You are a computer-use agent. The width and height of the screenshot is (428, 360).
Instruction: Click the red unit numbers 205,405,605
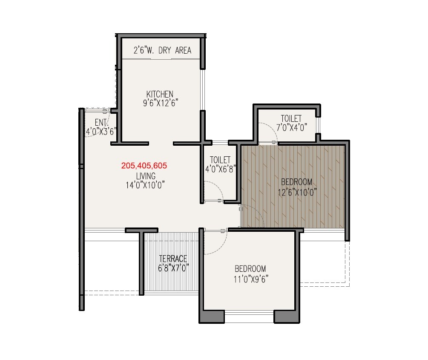coord(144,166)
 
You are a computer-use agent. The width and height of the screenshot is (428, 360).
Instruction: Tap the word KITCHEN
coord(160,94)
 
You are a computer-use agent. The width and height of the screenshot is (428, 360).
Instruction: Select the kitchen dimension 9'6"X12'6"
coord(160,103)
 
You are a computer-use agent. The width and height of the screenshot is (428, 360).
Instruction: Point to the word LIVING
coord(146,176)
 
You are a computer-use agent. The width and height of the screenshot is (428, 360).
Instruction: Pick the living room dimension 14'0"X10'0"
coord(146,184)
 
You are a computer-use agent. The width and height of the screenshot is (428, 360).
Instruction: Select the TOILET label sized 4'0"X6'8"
coord(220,160)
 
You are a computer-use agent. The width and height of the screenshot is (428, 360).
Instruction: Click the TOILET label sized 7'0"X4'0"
coord(291,118)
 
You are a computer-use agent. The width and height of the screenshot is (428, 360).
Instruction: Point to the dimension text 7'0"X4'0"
coord(291,127)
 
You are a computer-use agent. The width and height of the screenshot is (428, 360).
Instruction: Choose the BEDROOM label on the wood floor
coord(297,182)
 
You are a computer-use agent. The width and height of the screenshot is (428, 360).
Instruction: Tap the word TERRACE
coord(173,259)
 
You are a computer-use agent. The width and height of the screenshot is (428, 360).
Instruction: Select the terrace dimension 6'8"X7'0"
coord(173,268)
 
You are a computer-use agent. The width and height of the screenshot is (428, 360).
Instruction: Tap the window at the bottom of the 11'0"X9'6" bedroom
coord(249,317)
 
